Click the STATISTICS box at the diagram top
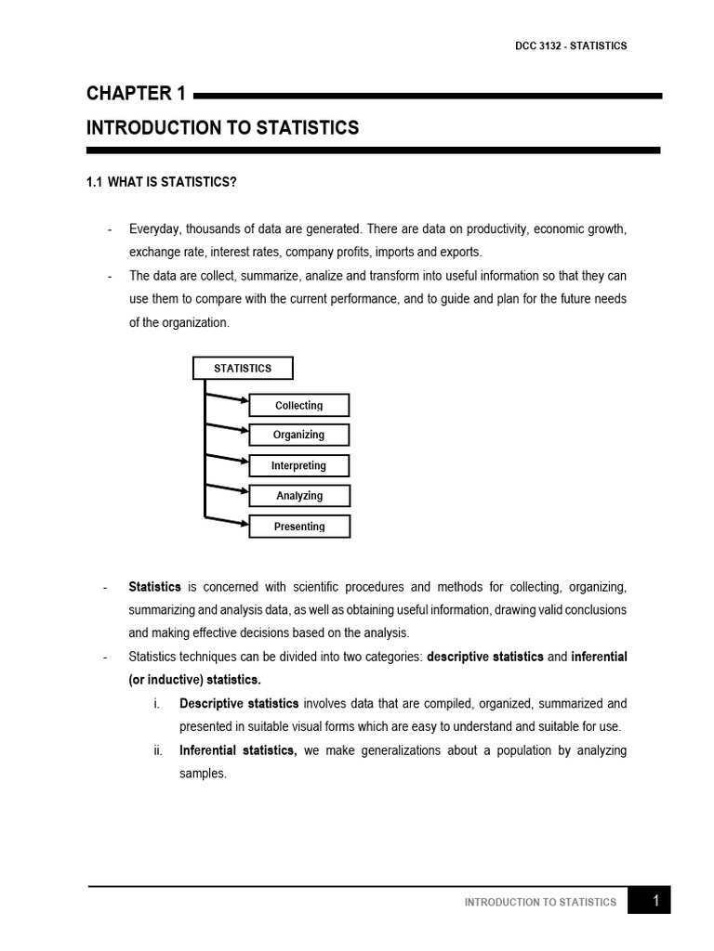click(243, 369)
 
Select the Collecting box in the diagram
click(299, 405)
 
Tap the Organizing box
click(299, 435)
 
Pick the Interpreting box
click(299, 465)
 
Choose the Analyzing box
click(299, 496)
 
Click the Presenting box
click(299, 527)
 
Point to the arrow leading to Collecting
click(227, 397)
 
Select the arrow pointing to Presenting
click(227, 520)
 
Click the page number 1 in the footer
click(655, 900)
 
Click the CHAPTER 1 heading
click(137, 94)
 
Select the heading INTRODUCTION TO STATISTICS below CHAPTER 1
click(222, 128)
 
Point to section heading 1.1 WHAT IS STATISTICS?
click(162, 182)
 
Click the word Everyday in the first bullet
click(154, 228)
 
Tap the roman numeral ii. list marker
click(158, 750)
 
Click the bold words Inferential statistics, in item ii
click(238, 750)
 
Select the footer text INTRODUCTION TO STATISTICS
click(540, 902)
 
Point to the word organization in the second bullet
click(194, 322)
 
